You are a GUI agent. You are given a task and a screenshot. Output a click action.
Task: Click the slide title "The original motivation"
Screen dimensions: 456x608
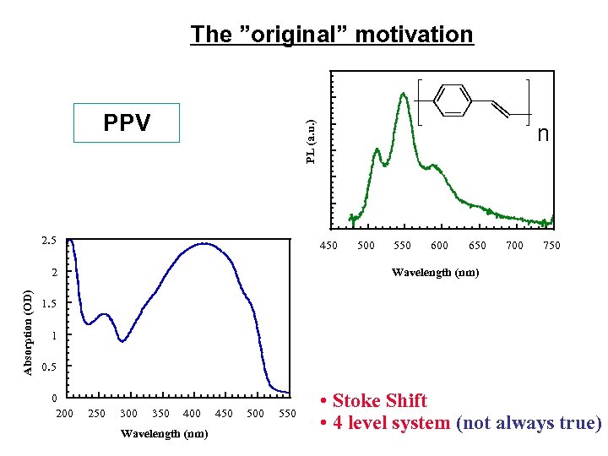(x=332, y=35)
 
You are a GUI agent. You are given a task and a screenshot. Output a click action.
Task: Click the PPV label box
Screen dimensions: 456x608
(x=127, y=123)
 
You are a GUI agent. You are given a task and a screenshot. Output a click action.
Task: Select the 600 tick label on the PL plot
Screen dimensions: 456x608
(x=439, y=246)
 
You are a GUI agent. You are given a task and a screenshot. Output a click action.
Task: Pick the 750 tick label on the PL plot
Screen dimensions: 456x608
(x=551, y=246)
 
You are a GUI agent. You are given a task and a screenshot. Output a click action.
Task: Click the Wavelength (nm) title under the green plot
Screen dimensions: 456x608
(x=434, y=272)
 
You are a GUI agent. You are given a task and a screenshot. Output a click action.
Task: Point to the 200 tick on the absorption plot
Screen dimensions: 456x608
(x=64, y=413)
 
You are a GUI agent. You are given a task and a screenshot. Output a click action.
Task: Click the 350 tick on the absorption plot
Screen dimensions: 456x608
(x=160, y=413)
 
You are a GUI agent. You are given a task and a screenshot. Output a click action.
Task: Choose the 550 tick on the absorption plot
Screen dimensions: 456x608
(x=287, y=413)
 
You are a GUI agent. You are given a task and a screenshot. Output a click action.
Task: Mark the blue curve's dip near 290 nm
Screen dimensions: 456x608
(x=122, y=341)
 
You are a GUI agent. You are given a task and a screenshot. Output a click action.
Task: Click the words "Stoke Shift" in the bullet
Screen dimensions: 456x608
(x=380, y=400)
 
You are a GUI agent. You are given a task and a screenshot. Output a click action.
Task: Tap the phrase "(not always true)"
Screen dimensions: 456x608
(x=528, y=423)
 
